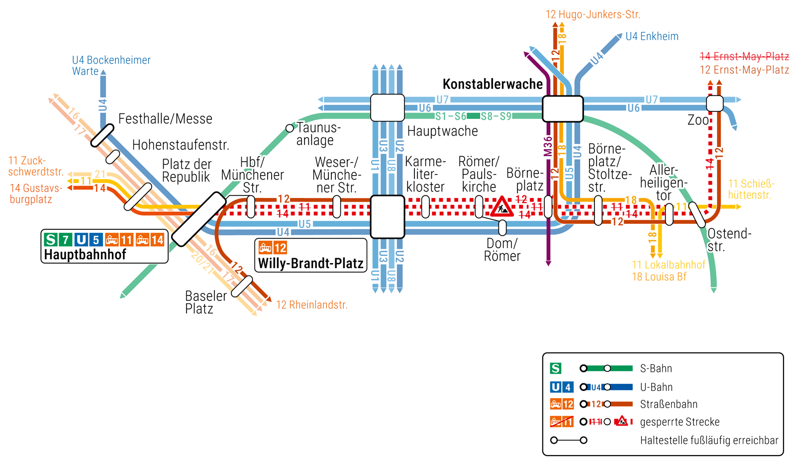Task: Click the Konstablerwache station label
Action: tap(493, 84)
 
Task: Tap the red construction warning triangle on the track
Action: tap(502, 206)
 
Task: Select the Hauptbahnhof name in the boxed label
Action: tap(85, 255)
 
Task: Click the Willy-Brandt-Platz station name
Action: tap(311, 263)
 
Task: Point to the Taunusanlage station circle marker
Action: tap(290, 128)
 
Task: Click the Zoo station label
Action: tap(698, 120)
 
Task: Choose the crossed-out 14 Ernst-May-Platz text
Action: tap(744, 56)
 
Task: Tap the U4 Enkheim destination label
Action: tap(652, 36)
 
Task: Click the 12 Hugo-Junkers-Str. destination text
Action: tap(593, 14)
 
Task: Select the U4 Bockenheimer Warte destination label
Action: tap(111, 66)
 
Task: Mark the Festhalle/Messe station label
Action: tap(165, 119)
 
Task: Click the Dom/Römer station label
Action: tap(502, 250)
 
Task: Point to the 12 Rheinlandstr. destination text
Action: tap(311, 305)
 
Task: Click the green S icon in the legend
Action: tap(555, 369)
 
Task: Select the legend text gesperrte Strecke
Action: tap(680, 422)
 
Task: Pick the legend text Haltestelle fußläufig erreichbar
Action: tap(709, 440)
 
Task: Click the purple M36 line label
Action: tap(548, 147)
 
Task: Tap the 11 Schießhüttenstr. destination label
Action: tap(751, 189)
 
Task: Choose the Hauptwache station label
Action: tap(442, 131)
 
